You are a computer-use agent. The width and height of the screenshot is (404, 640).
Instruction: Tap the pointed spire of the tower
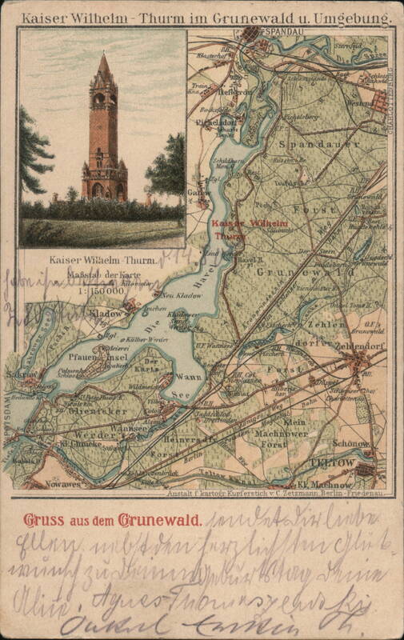pos(103,64)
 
